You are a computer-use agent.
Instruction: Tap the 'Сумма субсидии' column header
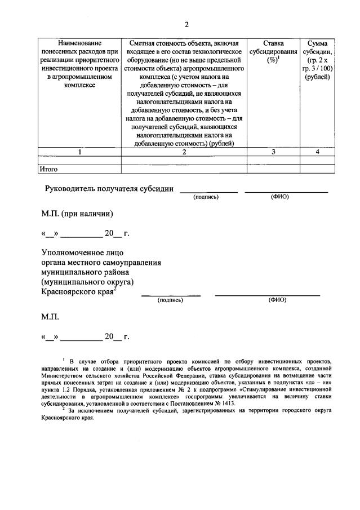coord(318,60)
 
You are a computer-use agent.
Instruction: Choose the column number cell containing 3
coord(273,152)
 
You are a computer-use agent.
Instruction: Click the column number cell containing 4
coord(317,152)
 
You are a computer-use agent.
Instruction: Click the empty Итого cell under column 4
coord(317,168)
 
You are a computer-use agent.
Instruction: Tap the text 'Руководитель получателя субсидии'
coord(109,189)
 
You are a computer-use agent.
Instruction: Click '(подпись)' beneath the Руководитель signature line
coord(206,197)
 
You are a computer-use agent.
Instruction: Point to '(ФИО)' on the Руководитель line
coord(279,197)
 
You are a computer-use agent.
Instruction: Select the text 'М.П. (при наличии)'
coord(77,214)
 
